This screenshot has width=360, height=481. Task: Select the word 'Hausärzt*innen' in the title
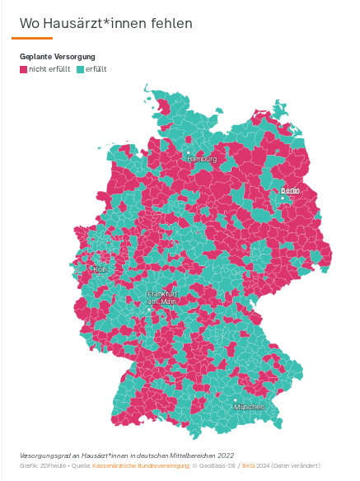[96, 22]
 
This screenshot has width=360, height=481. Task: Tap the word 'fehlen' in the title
[171, 22]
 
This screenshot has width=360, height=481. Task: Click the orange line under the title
[32, 38]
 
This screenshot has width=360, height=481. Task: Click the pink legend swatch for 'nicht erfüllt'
[23, 69]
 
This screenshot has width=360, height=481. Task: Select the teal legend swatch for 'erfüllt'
[80, 69]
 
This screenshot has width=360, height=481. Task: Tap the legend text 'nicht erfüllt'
[49, 69]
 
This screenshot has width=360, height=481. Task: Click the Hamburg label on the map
[202, 158]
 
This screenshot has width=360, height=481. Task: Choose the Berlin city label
[290, 189]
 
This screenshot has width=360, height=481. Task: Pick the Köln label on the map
[101, 269]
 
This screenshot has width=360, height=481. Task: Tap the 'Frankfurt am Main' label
[161, 297]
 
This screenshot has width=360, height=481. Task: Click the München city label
[249, 407]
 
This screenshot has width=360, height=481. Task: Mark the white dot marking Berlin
[283, 198]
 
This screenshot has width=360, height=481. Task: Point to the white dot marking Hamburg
[188, 152]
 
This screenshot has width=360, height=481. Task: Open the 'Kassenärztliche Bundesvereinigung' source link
[141, 465]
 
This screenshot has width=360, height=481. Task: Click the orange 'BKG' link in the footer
[248, 465]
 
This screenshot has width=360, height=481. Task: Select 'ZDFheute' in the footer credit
[54, 465]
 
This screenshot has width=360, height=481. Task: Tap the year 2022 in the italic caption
[225, 455]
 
